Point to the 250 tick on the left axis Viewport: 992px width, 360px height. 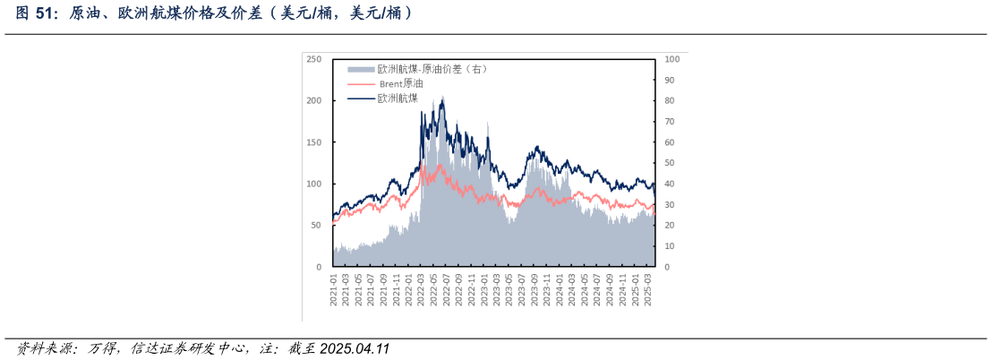click(313, 59)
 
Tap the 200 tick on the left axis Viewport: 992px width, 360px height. click(313, 100)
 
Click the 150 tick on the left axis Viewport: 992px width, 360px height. click(313, 142)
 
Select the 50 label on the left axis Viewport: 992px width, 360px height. click(316, 226)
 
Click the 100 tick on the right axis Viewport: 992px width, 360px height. click(672, 59)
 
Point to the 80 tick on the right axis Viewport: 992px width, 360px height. click(670, 100)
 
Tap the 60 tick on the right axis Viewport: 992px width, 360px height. click(670, 142)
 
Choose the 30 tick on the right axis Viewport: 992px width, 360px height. click(670, 205)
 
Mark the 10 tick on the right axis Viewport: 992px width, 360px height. click(670, 246)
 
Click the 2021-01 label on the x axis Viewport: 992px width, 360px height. click(334, 288)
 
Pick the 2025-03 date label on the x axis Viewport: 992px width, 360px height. click(648, 288)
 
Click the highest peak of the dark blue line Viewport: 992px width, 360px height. click(441, 98)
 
